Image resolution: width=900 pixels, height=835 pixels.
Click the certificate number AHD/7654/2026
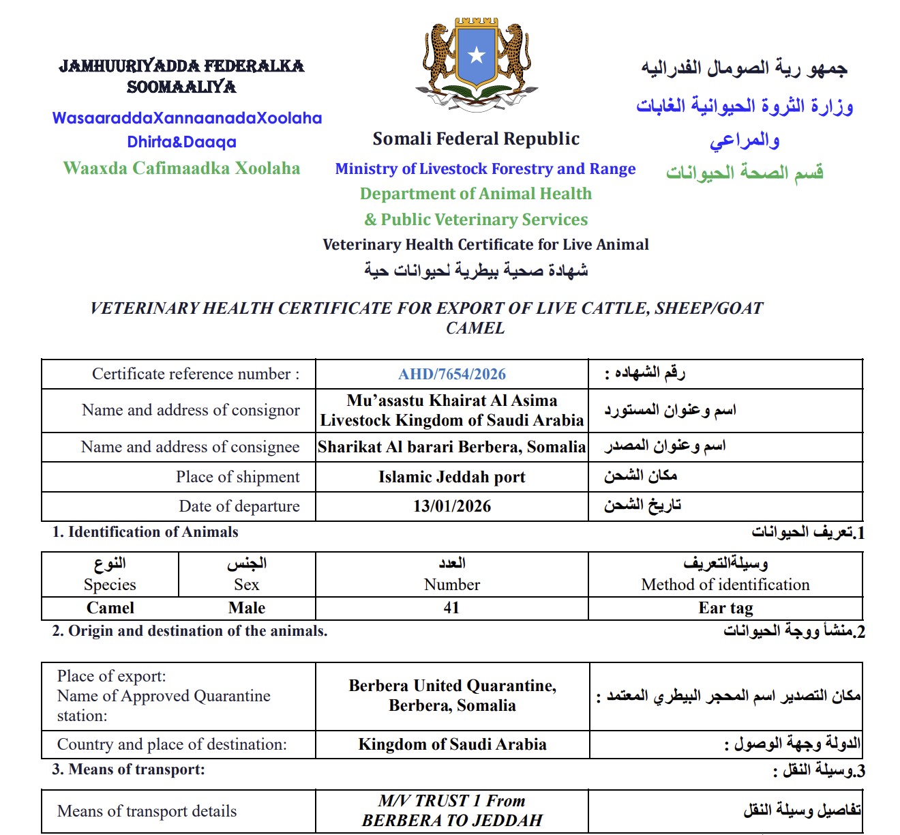(452, 374)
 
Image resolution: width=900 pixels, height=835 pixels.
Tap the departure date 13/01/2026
(452, 506)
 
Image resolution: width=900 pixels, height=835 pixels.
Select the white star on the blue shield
(477, 55)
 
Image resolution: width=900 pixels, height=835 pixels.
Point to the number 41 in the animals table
(451, 608)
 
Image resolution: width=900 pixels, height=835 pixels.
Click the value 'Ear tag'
(725, 608)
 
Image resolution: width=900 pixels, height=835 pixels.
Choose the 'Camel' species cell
(110, 608)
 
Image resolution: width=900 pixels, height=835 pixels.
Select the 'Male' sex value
(247, 608)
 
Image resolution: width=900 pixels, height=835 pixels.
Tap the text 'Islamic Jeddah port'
(452, 477)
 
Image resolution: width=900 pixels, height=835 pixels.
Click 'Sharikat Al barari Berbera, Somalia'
(452, 447)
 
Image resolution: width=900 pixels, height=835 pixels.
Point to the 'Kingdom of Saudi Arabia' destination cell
(452, 744)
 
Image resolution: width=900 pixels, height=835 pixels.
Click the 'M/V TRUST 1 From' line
(452, 801)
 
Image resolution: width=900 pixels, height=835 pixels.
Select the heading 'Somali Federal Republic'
(476, 139)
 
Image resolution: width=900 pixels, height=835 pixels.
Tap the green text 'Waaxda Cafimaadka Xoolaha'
(181, 169)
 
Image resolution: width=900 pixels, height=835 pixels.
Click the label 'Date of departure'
(239, 506)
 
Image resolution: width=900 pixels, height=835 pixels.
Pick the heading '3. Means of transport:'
(128, 770)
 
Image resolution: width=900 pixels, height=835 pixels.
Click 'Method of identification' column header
(725, 585)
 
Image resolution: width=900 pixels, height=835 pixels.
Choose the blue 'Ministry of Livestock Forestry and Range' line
(485, 169)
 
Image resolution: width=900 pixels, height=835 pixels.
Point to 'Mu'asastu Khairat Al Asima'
(452, 400)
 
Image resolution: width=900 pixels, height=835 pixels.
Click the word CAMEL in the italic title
(475, 328)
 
